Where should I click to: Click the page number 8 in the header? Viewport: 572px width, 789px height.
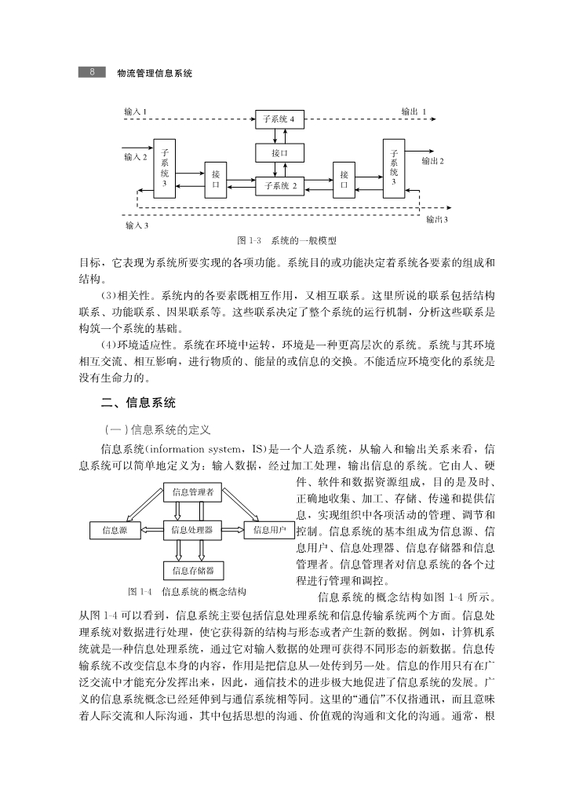click(x=91, y=72)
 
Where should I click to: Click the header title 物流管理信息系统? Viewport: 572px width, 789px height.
click(x=155, y=72)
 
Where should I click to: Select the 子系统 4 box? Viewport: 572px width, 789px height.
click(x=280, y=119)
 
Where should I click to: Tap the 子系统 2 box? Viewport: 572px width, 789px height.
click(x=280, y=186)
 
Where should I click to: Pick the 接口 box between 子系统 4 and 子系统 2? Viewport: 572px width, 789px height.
click(x=280, y=153)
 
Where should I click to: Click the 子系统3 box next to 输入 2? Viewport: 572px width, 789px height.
click(x=165, y=166)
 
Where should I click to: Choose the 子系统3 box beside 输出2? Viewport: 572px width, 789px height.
click(x=394, y=166)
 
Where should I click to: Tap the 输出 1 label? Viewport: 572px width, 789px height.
click(x=414, y=111)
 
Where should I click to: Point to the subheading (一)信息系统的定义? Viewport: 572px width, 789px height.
click(x=158, y=429)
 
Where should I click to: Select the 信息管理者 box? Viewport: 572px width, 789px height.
click(x=192, y=492)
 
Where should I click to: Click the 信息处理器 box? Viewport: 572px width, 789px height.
click(x=192, y=530)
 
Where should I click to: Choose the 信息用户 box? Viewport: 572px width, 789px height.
click(x=268, y=530)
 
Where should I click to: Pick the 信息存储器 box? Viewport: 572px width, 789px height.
click(x=192, y=569)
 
